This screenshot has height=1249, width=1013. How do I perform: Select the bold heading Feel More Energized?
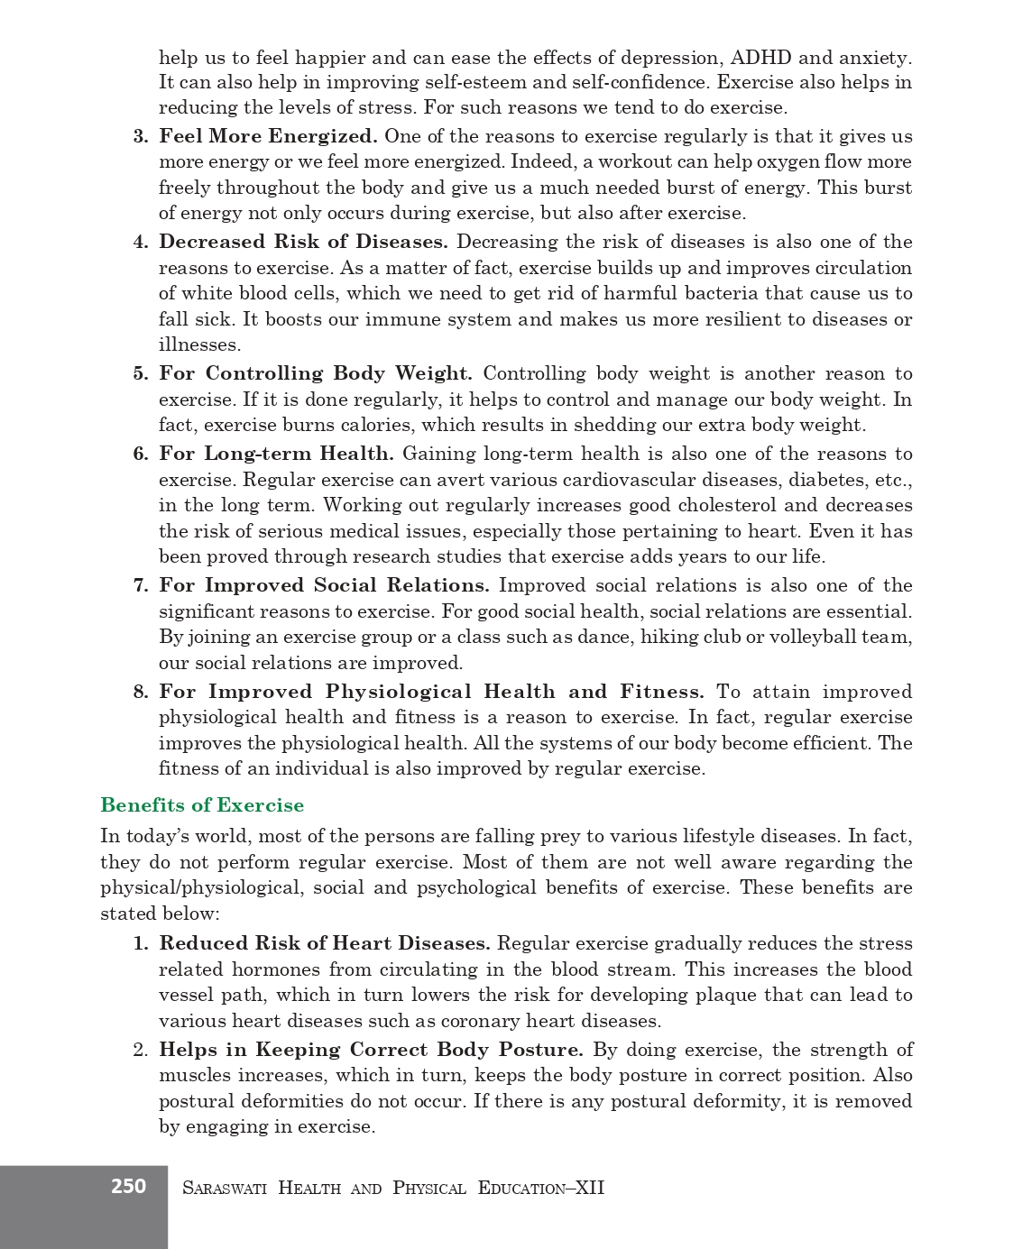[x=268, y=136]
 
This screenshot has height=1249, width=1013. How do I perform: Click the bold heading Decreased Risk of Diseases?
[x=303, y=242]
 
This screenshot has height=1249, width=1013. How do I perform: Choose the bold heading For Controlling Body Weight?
[x=316, y=373]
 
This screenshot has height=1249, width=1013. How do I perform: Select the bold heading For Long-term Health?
[x=276, y=454]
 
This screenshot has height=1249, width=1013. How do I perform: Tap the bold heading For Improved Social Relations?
[x=324, y=585]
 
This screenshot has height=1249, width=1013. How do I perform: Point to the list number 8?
[x=140, y=692]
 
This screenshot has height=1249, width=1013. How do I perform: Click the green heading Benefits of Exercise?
[x=202, y=805]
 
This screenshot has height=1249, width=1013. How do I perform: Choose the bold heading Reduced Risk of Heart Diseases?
[x=325, y=943]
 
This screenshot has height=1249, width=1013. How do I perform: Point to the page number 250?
[x=128, y=1187]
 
